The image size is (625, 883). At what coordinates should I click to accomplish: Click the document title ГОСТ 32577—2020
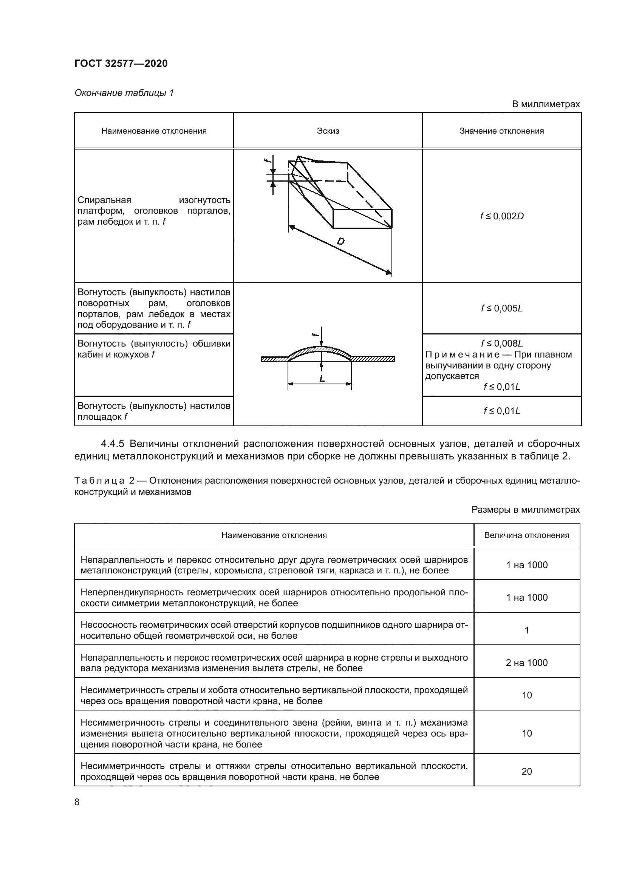[121, 63]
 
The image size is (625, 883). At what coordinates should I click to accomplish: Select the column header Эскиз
[328, 131]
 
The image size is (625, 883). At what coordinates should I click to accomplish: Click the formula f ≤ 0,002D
[501, 216]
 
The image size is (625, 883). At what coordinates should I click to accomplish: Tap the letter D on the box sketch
[340, 242]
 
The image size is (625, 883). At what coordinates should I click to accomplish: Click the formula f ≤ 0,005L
[501, 308]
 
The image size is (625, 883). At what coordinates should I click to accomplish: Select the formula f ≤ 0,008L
[501, 344]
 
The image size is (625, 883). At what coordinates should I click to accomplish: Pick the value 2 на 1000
[526, 663]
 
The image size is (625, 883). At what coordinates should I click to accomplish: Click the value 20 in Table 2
[526, 772]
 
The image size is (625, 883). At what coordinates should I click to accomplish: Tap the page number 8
[77, 802]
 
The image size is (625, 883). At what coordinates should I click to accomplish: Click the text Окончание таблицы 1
[124, 93]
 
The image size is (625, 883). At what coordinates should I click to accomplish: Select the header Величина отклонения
[526, 535]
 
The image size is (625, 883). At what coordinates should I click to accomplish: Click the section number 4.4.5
[112, 444]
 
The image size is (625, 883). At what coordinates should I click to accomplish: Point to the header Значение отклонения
[501, 131]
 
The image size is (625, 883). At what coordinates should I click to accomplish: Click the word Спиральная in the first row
[104, 200]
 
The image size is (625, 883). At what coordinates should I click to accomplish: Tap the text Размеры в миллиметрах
[525, 510]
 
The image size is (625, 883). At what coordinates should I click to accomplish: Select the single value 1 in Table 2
[526, 630]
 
